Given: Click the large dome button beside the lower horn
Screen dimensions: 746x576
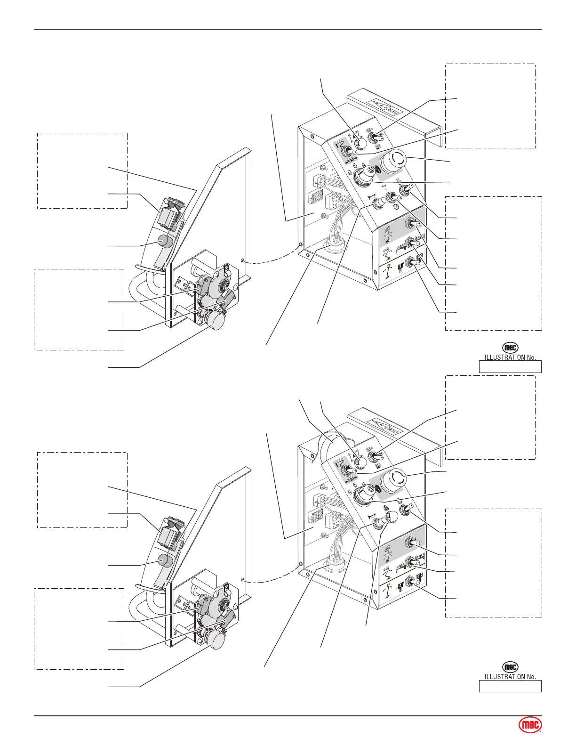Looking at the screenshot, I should tap(392, 517).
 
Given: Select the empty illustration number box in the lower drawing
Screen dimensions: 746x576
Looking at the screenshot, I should tap(510, 686).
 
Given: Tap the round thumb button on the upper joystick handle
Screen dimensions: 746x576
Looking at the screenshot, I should tap(164, 241).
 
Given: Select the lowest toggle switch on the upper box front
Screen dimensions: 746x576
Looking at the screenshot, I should tap(411, 262).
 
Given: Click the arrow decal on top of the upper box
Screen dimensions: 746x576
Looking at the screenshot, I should tap(385, 106).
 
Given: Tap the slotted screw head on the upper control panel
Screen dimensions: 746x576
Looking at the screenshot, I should tap(398, 204).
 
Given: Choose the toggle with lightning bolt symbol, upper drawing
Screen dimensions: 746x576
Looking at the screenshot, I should tap(390, 195).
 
